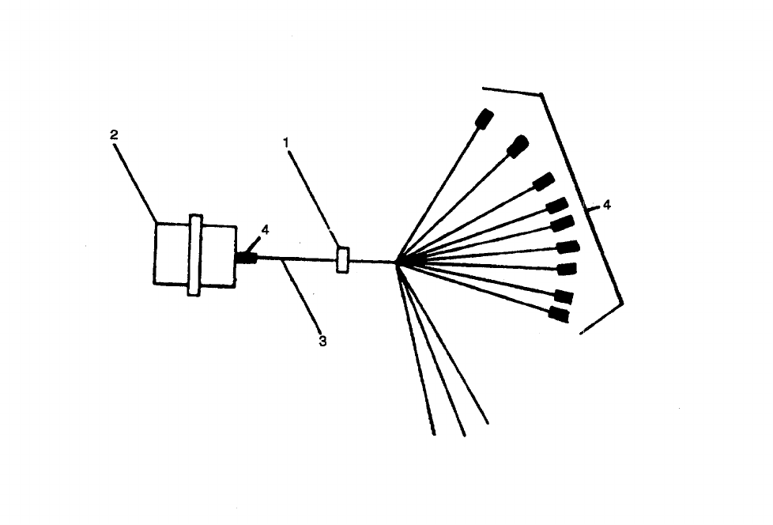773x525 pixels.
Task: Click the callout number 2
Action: click(114, 134)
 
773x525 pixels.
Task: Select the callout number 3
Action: click(322, 342)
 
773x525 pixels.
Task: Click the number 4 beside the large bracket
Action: click(606, 205)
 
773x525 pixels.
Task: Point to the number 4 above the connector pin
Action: click(266, 229)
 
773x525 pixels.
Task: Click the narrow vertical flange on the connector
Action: click(194, 255)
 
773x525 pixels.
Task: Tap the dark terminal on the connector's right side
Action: click(247, 258)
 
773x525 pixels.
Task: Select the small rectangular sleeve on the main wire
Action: click(343, 259)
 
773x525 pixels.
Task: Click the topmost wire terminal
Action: click(485, 119)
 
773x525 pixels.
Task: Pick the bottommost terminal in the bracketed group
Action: click(559, 315)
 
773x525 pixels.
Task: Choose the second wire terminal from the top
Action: click(518, 146)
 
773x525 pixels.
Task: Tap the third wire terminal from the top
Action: click(543, 181)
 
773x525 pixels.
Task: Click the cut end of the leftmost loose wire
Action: click(433, 433)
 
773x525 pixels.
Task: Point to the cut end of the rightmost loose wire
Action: click(486, 421)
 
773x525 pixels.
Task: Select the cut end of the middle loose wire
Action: click(463, 433)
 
